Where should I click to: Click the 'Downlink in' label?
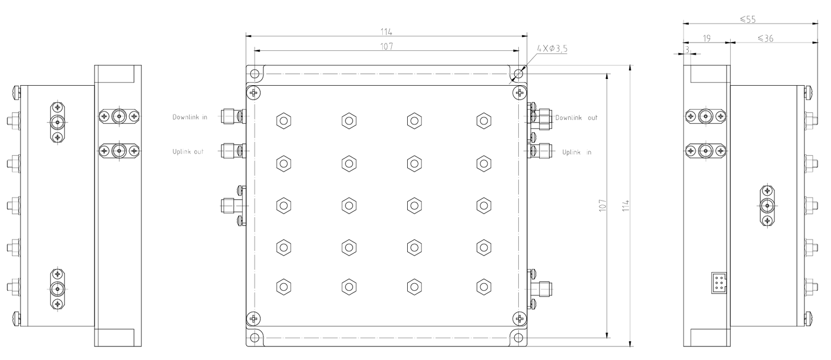[190, 117]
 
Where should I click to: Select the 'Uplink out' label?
[187, 152]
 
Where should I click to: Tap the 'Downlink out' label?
[576, 118]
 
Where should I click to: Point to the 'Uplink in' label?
[577, 152]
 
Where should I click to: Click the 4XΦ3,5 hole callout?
[552, 49]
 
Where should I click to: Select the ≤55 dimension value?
[747, 19]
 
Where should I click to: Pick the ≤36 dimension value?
[766, 38]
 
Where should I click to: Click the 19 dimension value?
[706, 38]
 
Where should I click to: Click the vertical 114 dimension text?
[626, 206]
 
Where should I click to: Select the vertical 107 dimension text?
[602, 206]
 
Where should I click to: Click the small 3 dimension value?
[687, 50]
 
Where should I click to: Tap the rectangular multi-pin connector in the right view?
[719, 283]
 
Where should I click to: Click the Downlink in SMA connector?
[232, 116]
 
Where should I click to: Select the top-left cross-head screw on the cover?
[254, 92]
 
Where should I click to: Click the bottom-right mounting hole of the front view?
[519, 338]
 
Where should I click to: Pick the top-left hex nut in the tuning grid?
[284, 121]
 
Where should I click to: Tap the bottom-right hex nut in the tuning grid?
[484, 287]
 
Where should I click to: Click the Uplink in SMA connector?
[540, 151]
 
